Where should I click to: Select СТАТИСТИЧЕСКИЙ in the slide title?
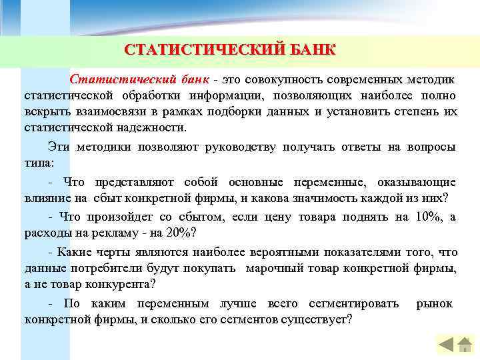point(204,51)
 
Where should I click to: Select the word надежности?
point(153,127)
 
